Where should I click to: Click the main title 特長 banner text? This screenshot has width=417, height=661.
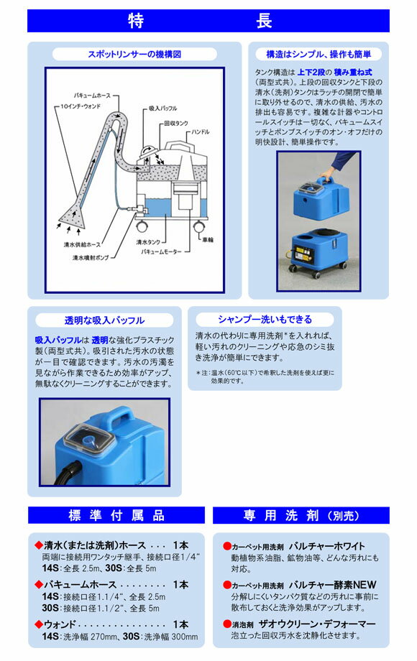[x=208, y=20]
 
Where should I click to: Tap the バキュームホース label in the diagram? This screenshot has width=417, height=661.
[x=92, y=94]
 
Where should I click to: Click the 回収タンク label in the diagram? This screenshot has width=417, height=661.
[x=175, y=123]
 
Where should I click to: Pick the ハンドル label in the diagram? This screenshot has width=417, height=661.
[x=202, y=131]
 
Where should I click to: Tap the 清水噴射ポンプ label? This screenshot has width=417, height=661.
[x=92, y=256]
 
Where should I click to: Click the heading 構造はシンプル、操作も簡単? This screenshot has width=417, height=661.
[x=318, y=54]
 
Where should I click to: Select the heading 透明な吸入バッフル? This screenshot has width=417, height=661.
[x=104, y=320]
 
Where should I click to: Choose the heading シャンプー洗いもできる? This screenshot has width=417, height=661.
[x=265, y=320]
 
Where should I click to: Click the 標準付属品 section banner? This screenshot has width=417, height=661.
[x=116, y=516]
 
